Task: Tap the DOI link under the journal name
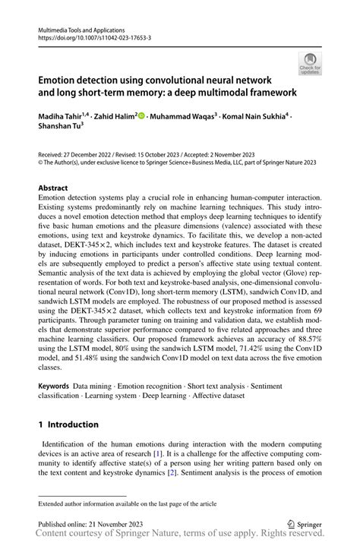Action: [95, 36]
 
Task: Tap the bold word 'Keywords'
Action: [56, 387]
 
